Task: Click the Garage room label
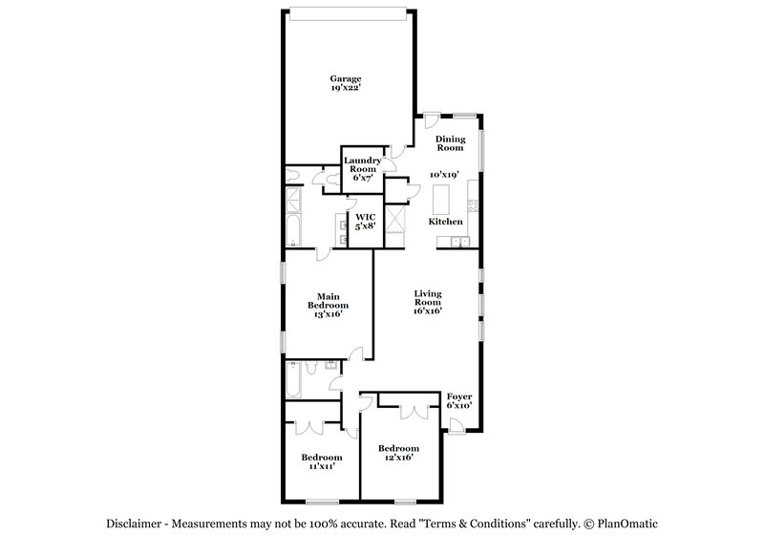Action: pyautogui.click(x=345, y=78)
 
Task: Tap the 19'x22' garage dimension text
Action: pyautogui.click(x=345, y=88)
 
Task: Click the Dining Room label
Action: pyautogui.click(x=450, y=143)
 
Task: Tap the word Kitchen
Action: pyautogui.click(x=445, y=222)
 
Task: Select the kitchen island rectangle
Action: pyautogui.click(x=441, y=200)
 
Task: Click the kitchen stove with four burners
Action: pyautogui.click(x=472, y=201)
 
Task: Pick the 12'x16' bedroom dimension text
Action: pyautogui.click(x=398, y=458)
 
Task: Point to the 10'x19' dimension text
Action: pyautogui.click(x=445, y=175)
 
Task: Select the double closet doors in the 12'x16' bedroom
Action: pyautogui.click(x=414, y=408)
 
